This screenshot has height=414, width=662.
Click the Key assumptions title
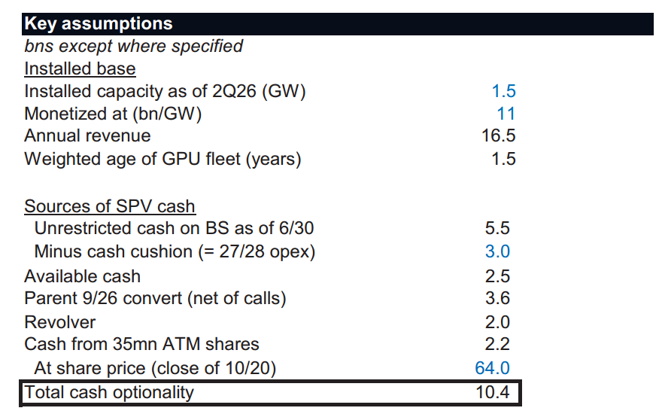click(x=99, y=23)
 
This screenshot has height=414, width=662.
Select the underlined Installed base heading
click(x=80, y=68)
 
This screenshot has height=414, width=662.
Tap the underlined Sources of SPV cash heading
click(x=110, y=206)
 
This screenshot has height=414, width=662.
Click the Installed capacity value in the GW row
click(x=504, y=91)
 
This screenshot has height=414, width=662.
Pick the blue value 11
click(x=506, y=114)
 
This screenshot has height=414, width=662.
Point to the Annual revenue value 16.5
click(x=499, y=135)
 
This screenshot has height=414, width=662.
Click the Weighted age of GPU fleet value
click(x=504, y=159)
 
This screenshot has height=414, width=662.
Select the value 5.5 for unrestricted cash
click(x=497, y=228)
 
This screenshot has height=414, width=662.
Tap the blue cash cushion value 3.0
click(x=497, y=251)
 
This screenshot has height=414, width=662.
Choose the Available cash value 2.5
click(x=497, y=276)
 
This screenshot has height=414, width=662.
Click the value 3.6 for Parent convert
click(x=497, y=298)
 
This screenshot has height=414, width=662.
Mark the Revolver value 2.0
click(x=497, y=322)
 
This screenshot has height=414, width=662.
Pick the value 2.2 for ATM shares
click(x=497, y=344)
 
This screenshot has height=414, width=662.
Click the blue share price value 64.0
click(x=492, y=368)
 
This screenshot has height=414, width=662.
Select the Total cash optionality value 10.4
click(x=493, y=392)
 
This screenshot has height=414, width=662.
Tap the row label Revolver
click(x=60, y=322)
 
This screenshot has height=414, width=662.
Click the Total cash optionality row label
click(x=109, y=392)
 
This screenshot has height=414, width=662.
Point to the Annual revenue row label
click(x=87, y=135)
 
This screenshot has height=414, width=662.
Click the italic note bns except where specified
click(x=133, y=46)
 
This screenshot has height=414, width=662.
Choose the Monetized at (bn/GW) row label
click(x=113, y=114)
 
